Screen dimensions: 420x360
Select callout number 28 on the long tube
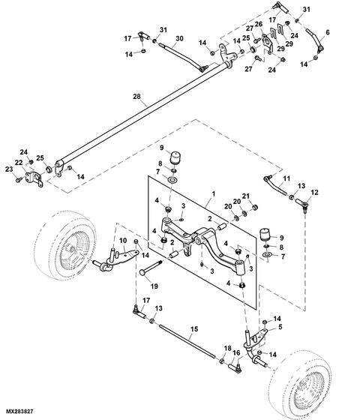click(x=136, y=97)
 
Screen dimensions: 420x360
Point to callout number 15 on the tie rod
click(x=193, y=328)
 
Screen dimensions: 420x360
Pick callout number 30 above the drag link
click(x=179, y=38)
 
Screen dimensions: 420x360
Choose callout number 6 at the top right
click(x=327, y=32)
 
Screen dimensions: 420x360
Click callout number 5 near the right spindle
click(x=280, y=327)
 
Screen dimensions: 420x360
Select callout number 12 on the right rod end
click(x=314, y=193)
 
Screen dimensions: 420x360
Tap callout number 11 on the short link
click(x=286, y=178)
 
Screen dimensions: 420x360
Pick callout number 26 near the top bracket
click(x=259, y=24)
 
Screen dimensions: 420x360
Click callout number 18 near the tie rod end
click(x=227, y=348)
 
